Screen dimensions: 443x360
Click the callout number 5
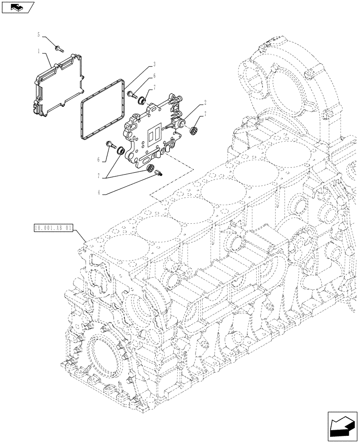[39, 34]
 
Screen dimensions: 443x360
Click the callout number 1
[39, 51]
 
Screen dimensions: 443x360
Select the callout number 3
[154, 64]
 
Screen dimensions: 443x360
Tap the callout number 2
[205, 103]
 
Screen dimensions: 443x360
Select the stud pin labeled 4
[160, 174]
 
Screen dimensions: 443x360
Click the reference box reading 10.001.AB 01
[53, 229]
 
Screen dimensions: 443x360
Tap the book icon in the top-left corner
[17, 7]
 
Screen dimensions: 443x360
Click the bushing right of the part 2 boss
[194, 130]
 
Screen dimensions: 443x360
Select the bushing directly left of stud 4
[150, 168]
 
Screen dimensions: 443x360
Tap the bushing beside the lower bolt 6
[119, 152]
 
